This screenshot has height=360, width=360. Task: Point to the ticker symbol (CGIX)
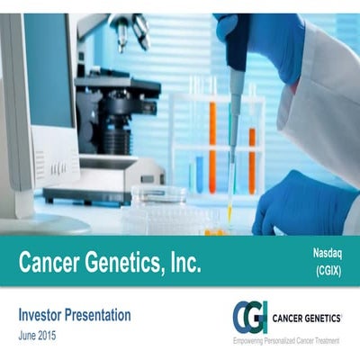click(x=330, y=270)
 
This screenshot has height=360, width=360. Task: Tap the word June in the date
click(x=28, y=334)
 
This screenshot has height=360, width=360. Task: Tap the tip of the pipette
click(x=229, y=216)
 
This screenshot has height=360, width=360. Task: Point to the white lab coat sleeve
click(x=324, y=99)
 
